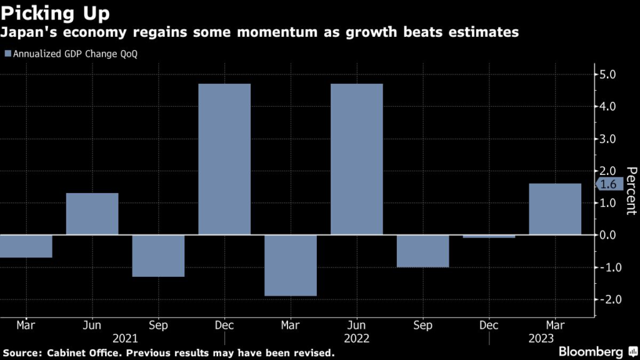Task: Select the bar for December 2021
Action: pos(224,159)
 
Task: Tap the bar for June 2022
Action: pos(356,159)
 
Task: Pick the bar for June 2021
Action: pos(92,214)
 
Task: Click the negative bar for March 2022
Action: pos(290,265)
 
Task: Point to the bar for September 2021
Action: pos(158,256)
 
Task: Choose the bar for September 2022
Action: pos(422,251)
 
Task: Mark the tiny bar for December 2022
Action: pos(489,236)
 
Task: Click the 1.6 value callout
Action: pos(609,184)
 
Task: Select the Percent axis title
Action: pos(631,190)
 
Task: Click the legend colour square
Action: pos(7,54)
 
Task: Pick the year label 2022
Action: pos(356,338)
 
